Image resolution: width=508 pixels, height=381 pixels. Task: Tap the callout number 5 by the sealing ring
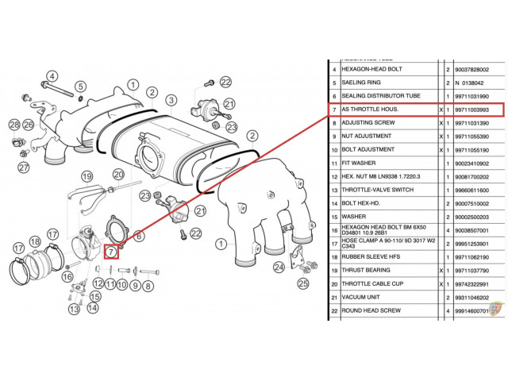(80, 87)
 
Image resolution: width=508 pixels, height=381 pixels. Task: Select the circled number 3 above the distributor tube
(170, 100)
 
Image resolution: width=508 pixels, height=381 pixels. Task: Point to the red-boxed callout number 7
(112, 252)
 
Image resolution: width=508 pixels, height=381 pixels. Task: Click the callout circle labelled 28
(14, 125)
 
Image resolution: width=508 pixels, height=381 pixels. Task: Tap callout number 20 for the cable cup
(118, 174)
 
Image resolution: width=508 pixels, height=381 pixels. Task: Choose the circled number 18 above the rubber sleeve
(34, 241)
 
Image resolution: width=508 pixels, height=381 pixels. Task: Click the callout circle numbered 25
(302, 283)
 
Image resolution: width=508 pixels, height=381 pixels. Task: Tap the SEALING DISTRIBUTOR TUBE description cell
(387, 94)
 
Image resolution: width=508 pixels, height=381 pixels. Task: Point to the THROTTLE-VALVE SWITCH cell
(387, 190)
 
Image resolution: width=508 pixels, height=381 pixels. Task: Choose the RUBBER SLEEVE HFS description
(387, 257)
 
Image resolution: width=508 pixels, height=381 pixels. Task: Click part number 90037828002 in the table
(478, 69)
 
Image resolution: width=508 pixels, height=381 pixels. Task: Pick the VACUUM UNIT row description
(387, 297)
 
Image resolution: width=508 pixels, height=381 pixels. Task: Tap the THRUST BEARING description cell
(387, 270)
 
